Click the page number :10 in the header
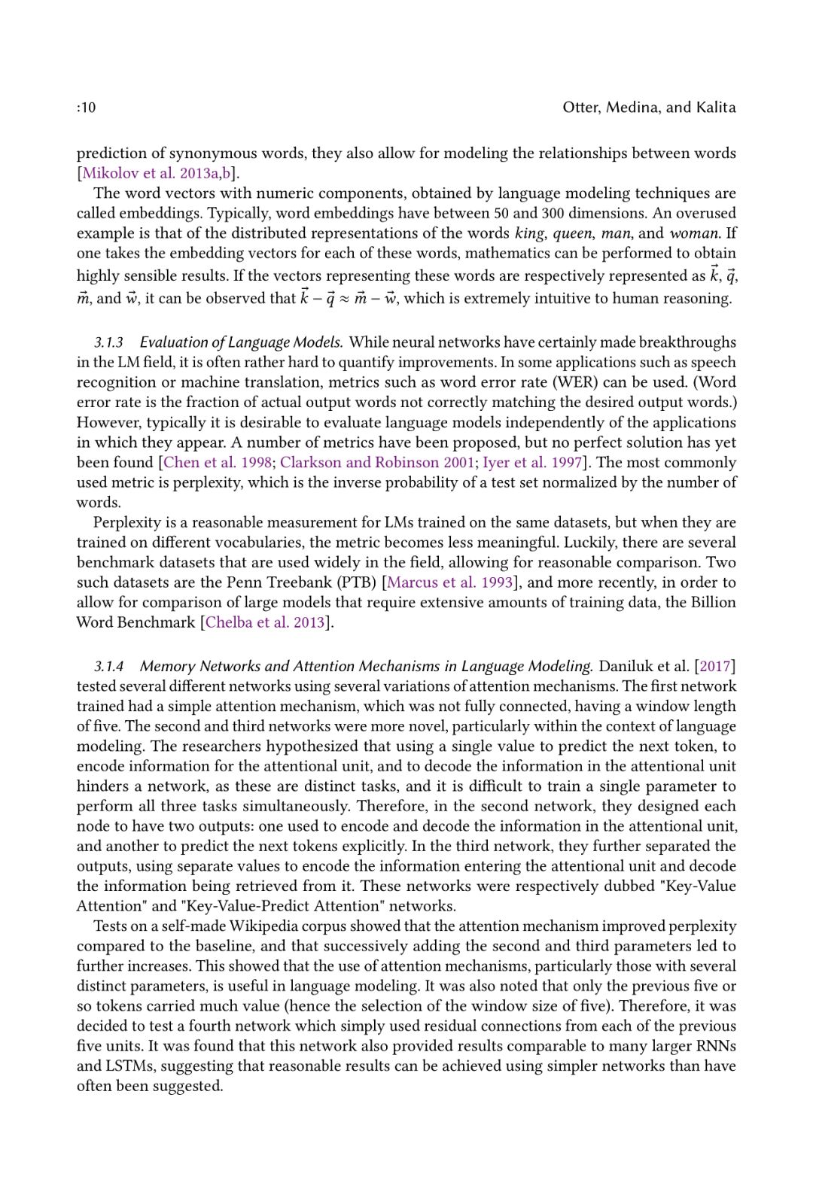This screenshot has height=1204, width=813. [x=87, y=108]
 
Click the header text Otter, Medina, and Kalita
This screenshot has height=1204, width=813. [x=649, y=107]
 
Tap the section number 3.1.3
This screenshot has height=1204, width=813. [x=108, y=342]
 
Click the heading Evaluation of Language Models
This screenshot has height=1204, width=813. [x=241, y=342]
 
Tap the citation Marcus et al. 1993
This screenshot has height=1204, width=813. [x=449, y=582]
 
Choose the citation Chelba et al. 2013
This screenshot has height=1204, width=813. [x=264, y=622]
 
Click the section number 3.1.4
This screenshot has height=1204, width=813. [x=108, y=667]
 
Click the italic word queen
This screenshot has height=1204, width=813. [x=573, y=233]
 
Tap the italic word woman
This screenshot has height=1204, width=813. [x=694, y=233]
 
